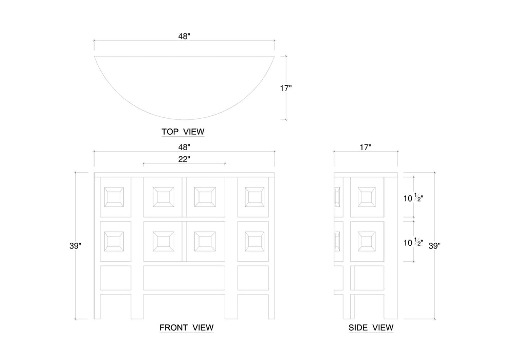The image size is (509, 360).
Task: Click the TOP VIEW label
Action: (x=183, y=132)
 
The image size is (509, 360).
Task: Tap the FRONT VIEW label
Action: (x=186, y=327)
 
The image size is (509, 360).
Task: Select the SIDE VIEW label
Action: (x=371, y=327)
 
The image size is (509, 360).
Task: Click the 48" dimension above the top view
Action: (x=184, y=36)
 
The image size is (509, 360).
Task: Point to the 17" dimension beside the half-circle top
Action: (x=286, y=88)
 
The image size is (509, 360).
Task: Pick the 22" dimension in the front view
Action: (x=184, y=159)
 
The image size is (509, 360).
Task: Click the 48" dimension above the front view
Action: (x=184, y=147)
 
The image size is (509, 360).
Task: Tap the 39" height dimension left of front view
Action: (x=76, y=246)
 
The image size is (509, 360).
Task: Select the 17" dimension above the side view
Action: (x=366, y=147)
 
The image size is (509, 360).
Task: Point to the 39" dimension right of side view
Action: (x=435, y=246)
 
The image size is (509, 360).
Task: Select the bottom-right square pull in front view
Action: (x=254, y=241)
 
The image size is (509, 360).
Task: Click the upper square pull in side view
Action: (x=367, y=196)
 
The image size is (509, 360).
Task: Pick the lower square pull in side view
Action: (x=367, y=241)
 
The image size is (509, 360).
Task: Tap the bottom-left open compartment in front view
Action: (x=115, y=278)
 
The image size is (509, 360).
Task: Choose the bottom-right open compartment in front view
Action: (x=253, y=278)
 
